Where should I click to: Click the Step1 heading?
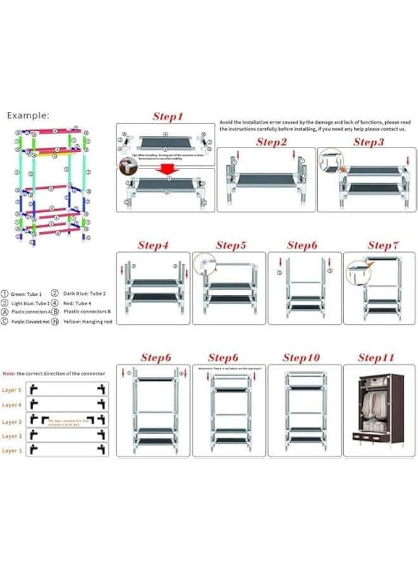(x=168, y=117)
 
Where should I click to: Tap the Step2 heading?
(x=271, y=142)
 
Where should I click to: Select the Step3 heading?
(x=369, y=142)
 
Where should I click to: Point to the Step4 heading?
(x=154, y=245)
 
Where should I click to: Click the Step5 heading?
(x=231, y=245)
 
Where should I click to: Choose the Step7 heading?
(x=383, y=245)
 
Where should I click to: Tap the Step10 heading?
(x=301, y=358)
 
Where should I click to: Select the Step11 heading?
(x=376, y=358)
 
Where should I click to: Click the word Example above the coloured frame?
(x=28, y=116)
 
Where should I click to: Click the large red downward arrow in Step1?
(x=167, y=170)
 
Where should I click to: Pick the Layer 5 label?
(x=11, y=390)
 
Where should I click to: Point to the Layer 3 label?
(x=11, y=421)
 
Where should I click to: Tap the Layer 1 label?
(x=11, y=450)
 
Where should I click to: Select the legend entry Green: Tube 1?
(x=24, y=294)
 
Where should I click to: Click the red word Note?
(x=9, y=374)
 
